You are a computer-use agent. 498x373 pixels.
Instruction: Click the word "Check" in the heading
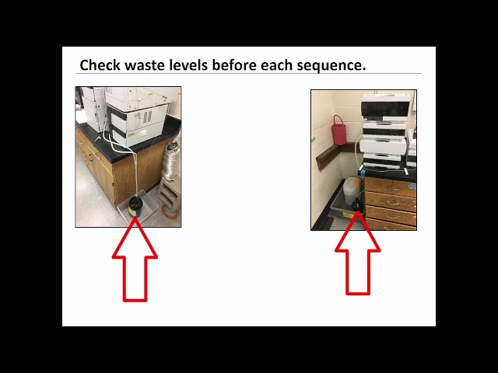(x=100, y=65)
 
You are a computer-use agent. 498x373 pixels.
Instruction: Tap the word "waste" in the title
(x=145, y=65)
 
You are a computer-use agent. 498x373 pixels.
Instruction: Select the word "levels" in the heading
(x=188, y=65)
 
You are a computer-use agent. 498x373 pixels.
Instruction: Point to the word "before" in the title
(x=234, y=65)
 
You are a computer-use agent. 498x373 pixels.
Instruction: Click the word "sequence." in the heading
(x=331, y=66)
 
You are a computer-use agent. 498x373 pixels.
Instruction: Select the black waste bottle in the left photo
(x=135, y=206)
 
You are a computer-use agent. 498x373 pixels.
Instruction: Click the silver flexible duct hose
(x=170, y=161)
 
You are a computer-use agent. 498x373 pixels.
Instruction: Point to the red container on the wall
(x=339, y=130)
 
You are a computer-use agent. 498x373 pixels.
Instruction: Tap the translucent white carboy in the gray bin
(x=351, y=190)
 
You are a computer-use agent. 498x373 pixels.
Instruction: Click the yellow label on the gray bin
(x=347, y=215)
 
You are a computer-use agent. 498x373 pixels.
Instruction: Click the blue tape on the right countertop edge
(x=363, y=173)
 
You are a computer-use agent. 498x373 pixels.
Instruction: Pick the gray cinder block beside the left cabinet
(x=168, y=195)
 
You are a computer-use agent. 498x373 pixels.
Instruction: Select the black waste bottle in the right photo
(x=359, y=204)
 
